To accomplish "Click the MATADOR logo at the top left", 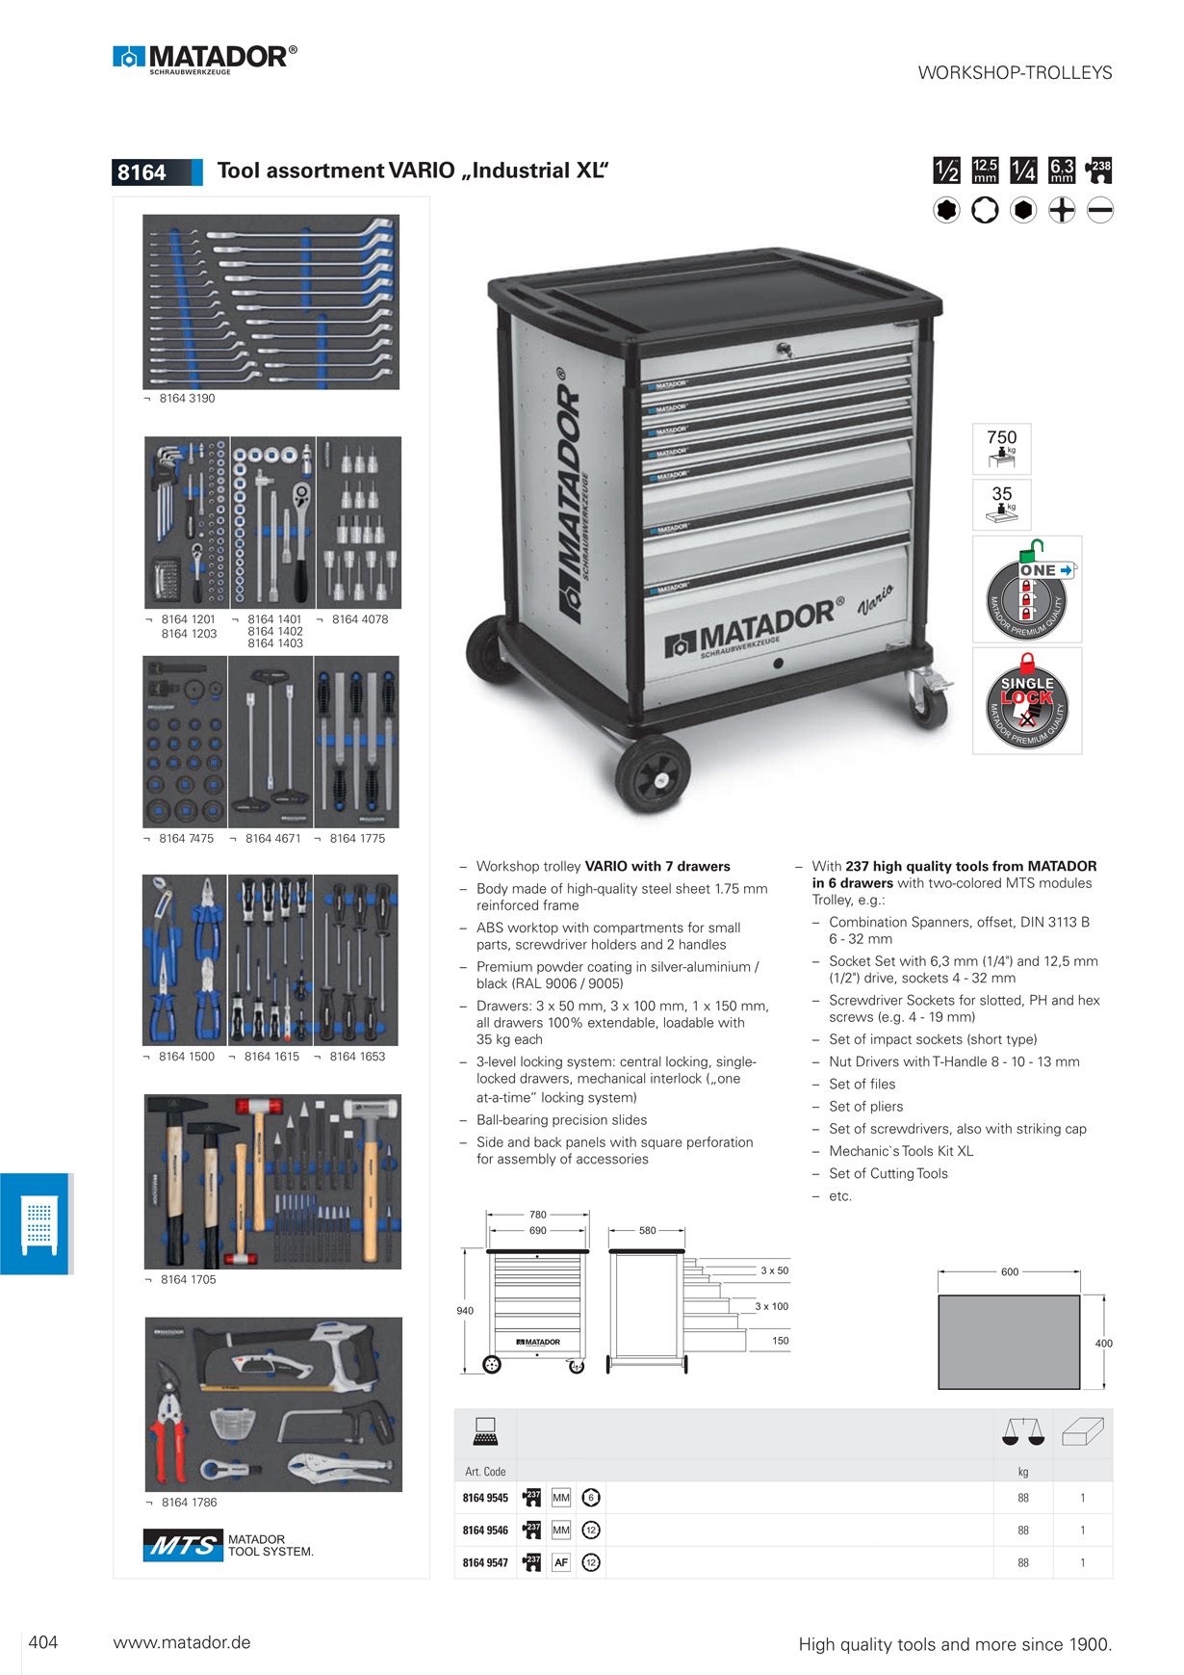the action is point(205,59).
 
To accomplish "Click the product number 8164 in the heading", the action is point(142,172).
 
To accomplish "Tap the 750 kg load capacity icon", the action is point(1001,448).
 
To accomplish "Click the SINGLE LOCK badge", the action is point(1027,700).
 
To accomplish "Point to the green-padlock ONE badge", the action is point(1027,589).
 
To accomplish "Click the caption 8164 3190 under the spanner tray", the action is point(187,399).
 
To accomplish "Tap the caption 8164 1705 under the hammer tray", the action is point(188,1280).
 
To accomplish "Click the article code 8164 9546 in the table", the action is point(485,1531).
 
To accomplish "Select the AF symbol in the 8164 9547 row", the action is point(561,1562).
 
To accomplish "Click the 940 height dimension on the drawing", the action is point(465,1311).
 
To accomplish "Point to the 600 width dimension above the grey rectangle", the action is point(1010,1272).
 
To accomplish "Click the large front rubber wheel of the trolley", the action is point(653,772).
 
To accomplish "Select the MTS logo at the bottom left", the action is point(183,1545).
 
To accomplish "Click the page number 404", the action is point(43,1642).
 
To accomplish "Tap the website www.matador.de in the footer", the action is point(182,1642).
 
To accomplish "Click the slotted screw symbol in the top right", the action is point(1100,210).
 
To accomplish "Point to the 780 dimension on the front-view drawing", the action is point(538,1215).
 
